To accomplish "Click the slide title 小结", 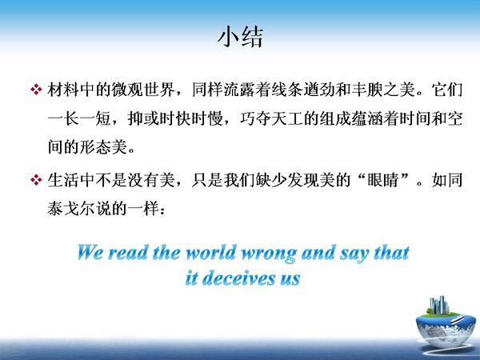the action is pyautogui.click(x=240, y=38).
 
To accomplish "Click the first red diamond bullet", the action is pyautogui.click(x=36, y=90).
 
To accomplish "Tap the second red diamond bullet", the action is pyautogui.click(x=36, y=180).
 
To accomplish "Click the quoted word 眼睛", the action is pyautogui.click(x=383, y=180).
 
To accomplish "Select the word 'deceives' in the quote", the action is pyautogui.click(x=238, y=278).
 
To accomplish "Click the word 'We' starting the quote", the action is pyautogui.click(x=90, y=253).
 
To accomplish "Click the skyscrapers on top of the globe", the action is pyautogui.click(x=439, y=305).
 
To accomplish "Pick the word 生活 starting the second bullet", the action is pyautogui.click(x=63, y=180).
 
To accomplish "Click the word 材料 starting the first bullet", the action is pyautogui.click(x=63, y=90).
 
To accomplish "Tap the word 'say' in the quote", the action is pyautogui.click(x=354, y=254).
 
